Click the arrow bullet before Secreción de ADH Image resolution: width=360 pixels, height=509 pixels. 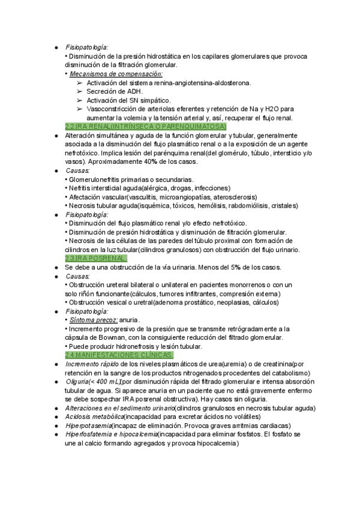[80, 91]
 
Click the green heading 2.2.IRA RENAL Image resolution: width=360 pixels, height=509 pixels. [145, 127]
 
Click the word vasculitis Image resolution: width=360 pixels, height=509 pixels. [134, 196]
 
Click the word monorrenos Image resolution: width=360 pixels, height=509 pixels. [242, 284]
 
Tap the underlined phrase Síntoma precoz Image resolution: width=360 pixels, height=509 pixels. [93, 320]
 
